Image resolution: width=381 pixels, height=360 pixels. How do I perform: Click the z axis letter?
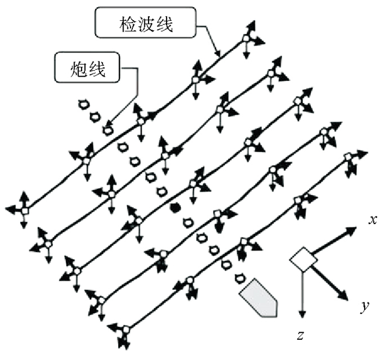pos(300,336)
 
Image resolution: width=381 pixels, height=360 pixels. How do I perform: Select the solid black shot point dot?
pos(175,207)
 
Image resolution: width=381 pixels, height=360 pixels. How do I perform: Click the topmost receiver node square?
pos(246,38)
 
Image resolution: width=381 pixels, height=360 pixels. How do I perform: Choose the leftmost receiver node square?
pos(25,210)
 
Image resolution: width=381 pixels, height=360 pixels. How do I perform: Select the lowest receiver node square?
pos(126,329)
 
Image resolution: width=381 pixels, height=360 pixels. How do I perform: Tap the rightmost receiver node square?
pos(349,157)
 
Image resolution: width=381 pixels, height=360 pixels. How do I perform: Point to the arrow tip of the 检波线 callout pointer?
pos(218,56)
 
